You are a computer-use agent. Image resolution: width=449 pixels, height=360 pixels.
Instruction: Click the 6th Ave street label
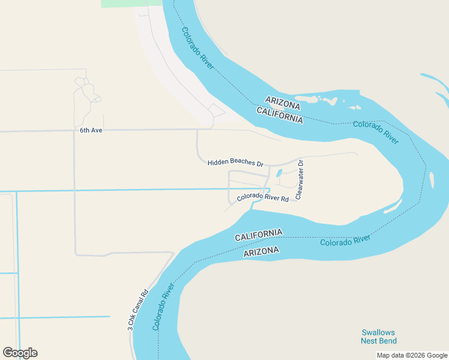(x=91, y=130)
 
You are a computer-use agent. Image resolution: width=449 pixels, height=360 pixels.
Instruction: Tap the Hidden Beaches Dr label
(x=235, y=163)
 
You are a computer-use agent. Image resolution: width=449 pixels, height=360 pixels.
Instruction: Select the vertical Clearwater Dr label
(x=300, y=179)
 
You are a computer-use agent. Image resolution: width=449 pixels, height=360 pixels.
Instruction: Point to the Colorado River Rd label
(x=263, y=198)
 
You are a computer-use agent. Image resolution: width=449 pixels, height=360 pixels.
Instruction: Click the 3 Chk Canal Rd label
(x=137, y=311)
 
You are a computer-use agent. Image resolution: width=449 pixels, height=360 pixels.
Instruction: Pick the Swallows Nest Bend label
(x=378, y=337)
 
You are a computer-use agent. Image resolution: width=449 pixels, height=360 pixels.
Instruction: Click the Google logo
(x=20, y=353)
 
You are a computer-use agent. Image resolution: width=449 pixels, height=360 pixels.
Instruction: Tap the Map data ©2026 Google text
(x=412, y=355)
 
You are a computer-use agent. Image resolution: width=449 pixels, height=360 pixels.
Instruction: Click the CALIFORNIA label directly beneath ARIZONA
(x=280, y=115)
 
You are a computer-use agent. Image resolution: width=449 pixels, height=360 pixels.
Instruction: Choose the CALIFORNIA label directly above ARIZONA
(x=258, y=235)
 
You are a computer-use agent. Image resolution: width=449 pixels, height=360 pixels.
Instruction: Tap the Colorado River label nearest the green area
(x=197, y=49)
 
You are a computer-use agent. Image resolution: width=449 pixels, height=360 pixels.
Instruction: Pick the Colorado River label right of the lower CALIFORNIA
(x=345, y=241)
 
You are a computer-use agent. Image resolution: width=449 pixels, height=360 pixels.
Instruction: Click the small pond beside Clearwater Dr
(x=279, y=174)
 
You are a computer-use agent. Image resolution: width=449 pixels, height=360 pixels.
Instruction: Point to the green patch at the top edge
(x=131, y=3)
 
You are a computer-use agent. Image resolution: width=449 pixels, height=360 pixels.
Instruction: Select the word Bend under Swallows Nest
(x=387, y=341)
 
